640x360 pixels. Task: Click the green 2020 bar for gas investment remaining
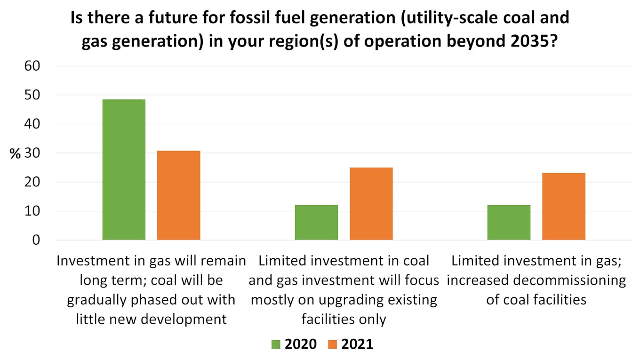tap(124, 169)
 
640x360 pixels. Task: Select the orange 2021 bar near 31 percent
tap(179, 195)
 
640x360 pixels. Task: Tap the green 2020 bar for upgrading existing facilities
tap(316, 222)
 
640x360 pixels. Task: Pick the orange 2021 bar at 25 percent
tap(371, 203)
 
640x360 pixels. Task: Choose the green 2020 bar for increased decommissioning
tap(509, 222)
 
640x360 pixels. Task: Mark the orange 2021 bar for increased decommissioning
tap(564, 206)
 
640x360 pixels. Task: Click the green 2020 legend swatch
tap(275, 344)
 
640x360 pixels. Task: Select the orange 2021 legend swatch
tap(332, 344)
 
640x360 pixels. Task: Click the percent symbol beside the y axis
tap(15, 154)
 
